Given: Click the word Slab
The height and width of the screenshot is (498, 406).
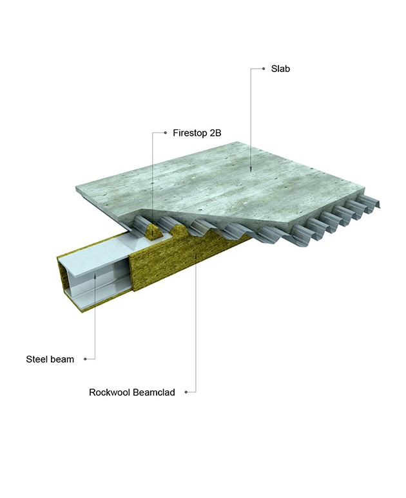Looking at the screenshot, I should point(280,68).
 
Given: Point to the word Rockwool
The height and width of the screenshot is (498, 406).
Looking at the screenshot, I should point(110,391).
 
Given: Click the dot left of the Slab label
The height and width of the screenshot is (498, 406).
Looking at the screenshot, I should point(264,68).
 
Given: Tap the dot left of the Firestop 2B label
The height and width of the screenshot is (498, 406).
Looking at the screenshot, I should point(166,134).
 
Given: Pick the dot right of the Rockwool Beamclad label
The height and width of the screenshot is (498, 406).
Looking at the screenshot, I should point(186,391).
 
